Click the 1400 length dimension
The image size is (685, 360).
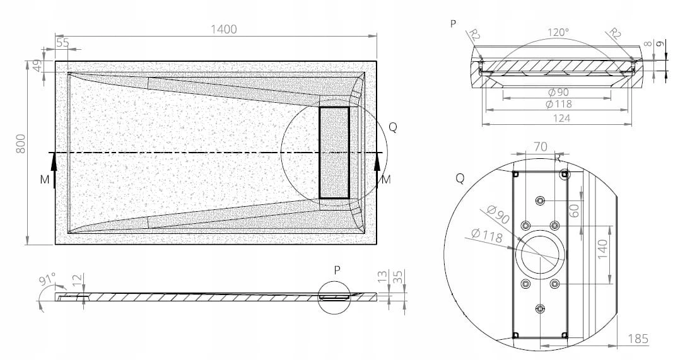pos(224,29)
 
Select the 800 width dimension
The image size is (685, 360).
pos(21,144)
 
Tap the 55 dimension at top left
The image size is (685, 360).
pos(62,43)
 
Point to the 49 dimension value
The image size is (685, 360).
pos(38,66)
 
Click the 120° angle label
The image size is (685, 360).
pos(558,32)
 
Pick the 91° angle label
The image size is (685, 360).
pos(47,279)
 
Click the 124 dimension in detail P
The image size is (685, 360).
pos(561,118)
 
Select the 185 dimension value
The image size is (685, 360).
pos(638,339)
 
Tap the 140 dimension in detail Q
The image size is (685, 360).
pos(602,249)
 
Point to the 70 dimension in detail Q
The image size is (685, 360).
pos(541,147)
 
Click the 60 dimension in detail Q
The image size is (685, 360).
pos(575,211)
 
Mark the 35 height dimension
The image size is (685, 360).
pos(397,277)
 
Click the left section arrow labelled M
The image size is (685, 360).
pos(54,171)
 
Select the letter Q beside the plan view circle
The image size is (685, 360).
pos(393,127)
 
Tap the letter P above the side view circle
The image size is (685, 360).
pos(337,270)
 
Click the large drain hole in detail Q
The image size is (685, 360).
pos(540,255)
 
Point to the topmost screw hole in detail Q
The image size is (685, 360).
pos(541,200)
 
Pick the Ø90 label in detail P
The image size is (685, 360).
pos(558,92)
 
